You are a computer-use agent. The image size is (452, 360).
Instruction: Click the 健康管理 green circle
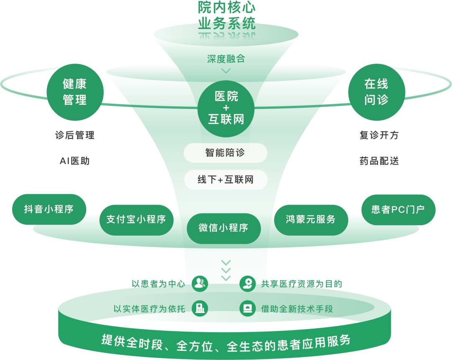coord(75,92)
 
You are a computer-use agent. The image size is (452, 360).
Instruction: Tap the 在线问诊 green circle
coord(377,92)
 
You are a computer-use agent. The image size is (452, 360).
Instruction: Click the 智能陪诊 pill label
coord(225,153)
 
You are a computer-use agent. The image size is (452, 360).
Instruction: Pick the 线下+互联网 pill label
coord(225,180)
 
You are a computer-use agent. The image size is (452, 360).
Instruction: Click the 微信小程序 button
coord(223,228)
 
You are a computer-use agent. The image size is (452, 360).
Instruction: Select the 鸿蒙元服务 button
coord(311,220)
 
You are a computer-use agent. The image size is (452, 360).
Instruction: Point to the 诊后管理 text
coord(75,135)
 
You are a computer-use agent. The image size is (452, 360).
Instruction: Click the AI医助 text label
coord(75,161)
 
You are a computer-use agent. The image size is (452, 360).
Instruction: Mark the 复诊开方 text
coord(379,135)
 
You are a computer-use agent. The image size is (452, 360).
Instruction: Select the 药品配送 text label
coord(379,161)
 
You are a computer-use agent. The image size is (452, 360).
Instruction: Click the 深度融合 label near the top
coord(226,59)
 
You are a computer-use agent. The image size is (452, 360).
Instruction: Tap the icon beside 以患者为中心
coord(200,283)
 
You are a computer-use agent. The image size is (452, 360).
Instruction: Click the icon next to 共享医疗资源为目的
coord(247,283)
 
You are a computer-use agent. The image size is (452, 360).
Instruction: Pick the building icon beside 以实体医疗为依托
coord(200,309)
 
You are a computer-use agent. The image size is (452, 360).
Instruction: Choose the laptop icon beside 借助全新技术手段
coord(247,309)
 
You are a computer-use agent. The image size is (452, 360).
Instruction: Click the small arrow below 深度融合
coord(226,71)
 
